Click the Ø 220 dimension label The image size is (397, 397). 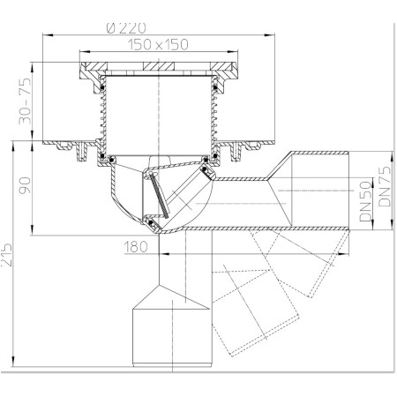tap(126, 28)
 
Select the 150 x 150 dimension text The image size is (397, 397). tap(158, 44)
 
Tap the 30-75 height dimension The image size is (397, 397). tap(25, 101)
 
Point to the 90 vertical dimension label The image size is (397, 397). tap(25, 185)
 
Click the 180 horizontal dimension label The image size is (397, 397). tap(136, 247)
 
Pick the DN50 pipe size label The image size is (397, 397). tap(366, 201)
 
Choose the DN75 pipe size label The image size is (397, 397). tap(385, 186)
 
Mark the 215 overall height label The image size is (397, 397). tap(6, 255)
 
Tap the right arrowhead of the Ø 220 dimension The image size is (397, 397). tap(269, 35)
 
